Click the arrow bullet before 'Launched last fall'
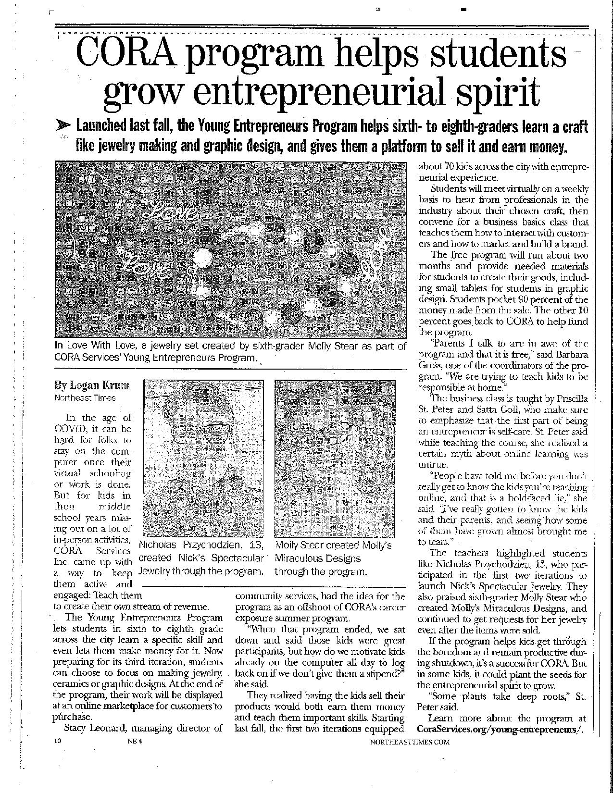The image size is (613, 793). (64, 126)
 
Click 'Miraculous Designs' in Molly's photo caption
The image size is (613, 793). (317, 558)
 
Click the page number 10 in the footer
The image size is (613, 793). (58, 755)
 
